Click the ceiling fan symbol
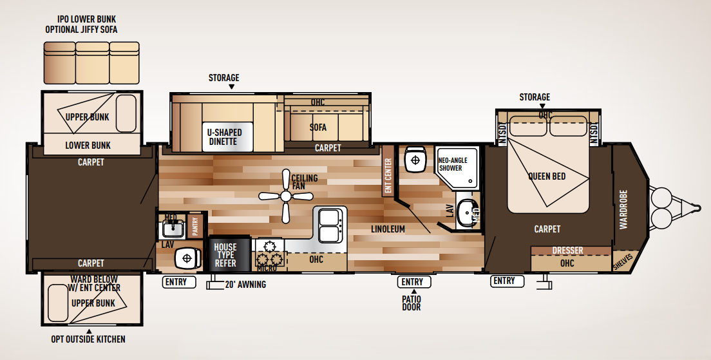tap(285, 196)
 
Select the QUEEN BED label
tap(547, 176)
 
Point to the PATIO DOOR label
tap(412, 303)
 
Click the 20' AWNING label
tap(245, 284)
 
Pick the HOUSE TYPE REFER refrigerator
tap(225, 255)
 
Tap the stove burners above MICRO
tap(270, 253)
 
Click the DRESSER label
tap(567, 251)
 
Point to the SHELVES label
tap(623, 261)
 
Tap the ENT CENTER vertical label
tap(388, 177)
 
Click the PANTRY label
tap(196, 227)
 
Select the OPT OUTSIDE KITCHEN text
tap(88, 339)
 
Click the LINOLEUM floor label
tap(388, 229)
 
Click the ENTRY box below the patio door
tap(412, 281)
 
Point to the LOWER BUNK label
tap(88, 145)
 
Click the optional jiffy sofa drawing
tap(91, 62)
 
